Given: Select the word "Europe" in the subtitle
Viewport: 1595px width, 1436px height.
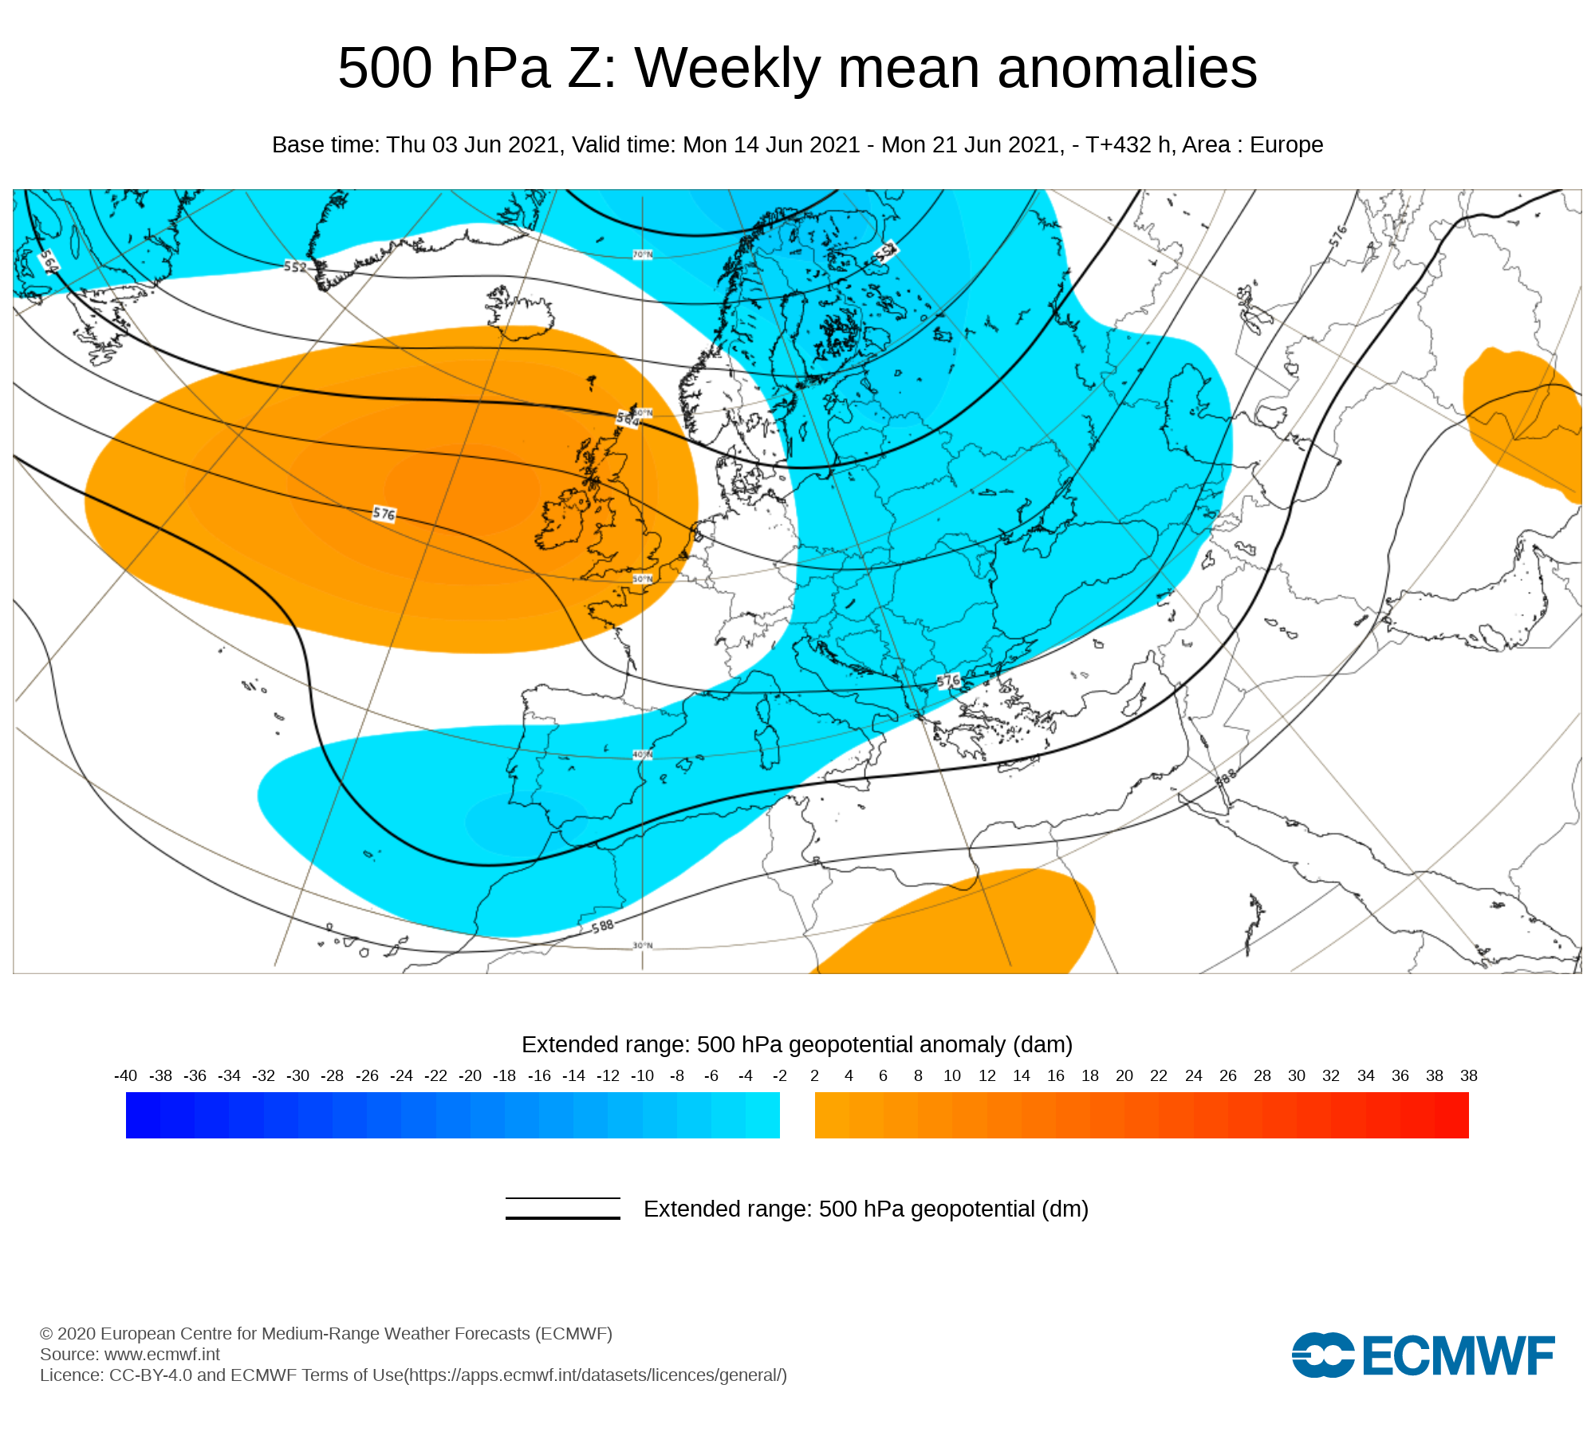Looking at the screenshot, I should [x=1286, y=145].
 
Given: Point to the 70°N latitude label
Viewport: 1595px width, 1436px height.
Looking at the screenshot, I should [x=643, y=254].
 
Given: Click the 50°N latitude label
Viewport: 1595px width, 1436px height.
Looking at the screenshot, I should [x=643, y=579].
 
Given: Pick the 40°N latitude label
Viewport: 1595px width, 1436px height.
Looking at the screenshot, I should [x=643, y=754].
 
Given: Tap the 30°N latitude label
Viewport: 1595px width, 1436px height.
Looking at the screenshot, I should [x=643, y=945].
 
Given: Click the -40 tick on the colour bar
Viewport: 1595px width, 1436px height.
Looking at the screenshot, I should [x=126, y=1075].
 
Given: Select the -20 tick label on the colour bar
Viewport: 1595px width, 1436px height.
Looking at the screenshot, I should [x=470, y=1075].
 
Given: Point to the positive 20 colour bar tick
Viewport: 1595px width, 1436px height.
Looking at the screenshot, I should [x=1124, y=1075].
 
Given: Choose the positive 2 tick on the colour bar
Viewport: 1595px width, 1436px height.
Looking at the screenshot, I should [x=814, y=1075].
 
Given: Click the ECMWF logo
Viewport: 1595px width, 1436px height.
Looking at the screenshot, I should [x=1423, y=1355].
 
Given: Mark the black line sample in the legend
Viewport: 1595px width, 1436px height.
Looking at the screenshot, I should [x=562, y=1208].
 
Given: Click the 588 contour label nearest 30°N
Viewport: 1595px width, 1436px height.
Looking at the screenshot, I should [x=603, y=925].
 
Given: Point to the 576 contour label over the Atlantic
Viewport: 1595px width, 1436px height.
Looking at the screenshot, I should [x=384, y=514].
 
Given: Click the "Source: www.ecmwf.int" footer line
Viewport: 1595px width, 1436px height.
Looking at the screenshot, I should [x=130, y=1354].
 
